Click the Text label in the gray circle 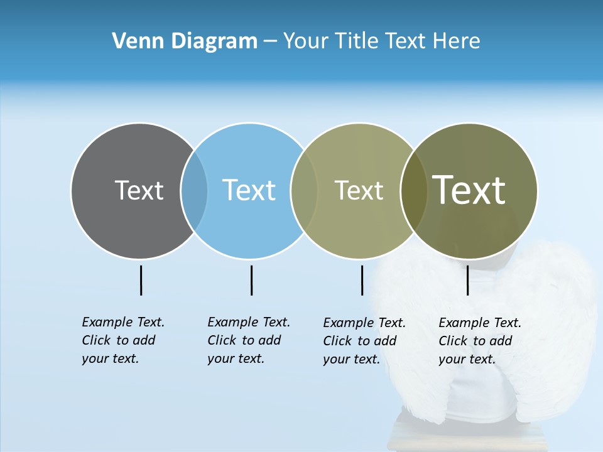pyautogui.click(x=139, y=190)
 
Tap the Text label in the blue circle pyautogui.click(x=249, y=190)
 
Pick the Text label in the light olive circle pyautogui.click(x=359, y=190)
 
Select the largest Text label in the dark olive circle pyautogui.click(x=469, y=190)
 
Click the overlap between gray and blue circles pyautogui.click(x=194, y=190)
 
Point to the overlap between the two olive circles pyautogui.click(x=414, y=190)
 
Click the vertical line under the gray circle pyautogui.click(x=141, y=280)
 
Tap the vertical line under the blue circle pyautogui.click(x=251, y=280)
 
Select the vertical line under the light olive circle pyautogui.click(x=362, y=280)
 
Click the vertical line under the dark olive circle pyautogui.click(x=467, y=280)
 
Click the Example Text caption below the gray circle pyautogui.click(x=122, y=340)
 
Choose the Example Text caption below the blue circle pyautogui.click(x=248, y=340)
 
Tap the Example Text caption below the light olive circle pyautogui.click(x=364, y=341)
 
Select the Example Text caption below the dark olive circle pyautogui.click(x=479, y=341)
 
